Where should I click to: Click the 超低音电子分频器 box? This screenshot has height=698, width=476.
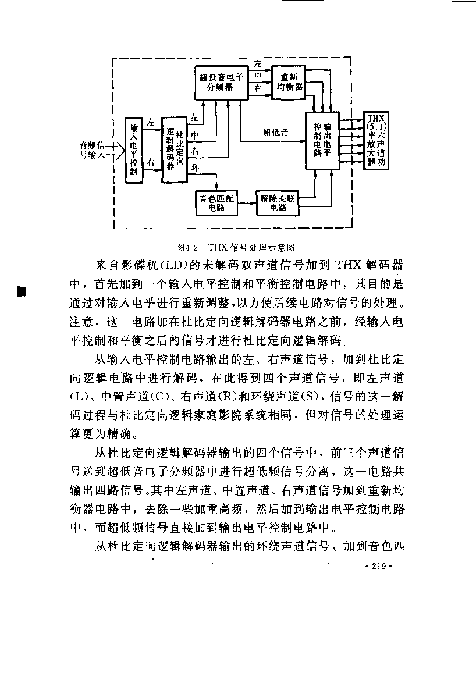click(x=222, y=83)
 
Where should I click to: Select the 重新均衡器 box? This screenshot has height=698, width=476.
click(x=289, y=82)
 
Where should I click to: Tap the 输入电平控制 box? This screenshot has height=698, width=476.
click(x=134, y=150)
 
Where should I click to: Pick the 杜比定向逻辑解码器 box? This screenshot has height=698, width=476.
click(x=175, y=150)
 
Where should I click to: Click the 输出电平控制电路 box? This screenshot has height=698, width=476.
click(x=322, y=141)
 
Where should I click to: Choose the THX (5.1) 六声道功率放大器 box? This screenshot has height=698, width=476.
click(x=376, y=140)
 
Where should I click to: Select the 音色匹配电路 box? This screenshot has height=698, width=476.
click(x=216, y=203)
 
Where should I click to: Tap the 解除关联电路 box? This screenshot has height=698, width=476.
click(x=278, y=203)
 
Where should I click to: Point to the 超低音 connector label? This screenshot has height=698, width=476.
click(x=276, y=133)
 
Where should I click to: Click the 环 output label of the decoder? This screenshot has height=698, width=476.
click(x=196, y=168)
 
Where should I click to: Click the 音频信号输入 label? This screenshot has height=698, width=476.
click(x=93, y=150)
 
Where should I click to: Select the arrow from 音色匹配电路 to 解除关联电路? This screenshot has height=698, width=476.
click(x=247, y=203)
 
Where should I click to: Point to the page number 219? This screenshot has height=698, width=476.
click(x=378, y=566)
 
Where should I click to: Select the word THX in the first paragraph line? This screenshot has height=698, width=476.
click(x=348, y=265)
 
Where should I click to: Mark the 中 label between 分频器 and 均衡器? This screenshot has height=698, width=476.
click(x=258, y=76)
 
